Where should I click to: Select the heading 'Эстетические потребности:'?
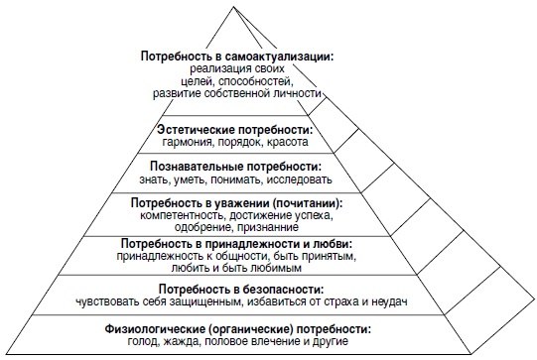[235, 131]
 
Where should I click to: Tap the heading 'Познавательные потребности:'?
[235, 167]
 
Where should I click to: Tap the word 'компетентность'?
[183, 215]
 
